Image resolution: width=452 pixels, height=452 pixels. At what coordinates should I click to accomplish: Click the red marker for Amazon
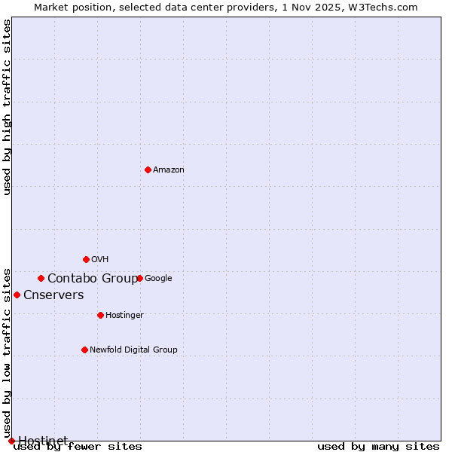click(x=148, y=169)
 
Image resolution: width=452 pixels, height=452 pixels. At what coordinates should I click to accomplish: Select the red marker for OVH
click(x=86, y=259)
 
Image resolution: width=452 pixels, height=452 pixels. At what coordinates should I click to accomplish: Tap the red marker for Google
click(x=139, y=278)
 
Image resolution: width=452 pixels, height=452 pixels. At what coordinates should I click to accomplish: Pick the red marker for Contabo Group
click(x=41, y=278)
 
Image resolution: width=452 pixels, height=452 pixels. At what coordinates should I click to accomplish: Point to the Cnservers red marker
click(x=17, y=295)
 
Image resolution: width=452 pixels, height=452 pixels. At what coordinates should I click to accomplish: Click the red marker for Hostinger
click(x=100, y=315)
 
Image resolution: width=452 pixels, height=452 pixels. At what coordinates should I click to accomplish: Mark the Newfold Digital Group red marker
click(x=84, y=350)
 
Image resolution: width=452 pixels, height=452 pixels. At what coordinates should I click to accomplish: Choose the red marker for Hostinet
click(x=11, y=441)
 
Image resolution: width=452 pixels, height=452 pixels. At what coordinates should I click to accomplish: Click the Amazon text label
click(x=169, y=170)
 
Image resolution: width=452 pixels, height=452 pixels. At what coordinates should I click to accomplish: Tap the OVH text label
click(x=100, y=260)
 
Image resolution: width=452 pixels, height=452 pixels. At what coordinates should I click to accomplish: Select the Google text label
click(x=158, y=279)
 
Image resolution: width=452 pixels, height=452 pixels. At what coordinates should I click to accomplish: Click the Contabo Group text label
click(x=93, y=279)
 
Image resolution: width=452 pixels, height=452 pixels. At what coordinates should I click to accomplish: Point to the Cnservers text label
click(x=53, y=295)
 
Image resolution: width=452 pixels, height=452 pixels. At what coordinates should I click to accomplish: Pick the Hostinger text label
click(x=124, y=316)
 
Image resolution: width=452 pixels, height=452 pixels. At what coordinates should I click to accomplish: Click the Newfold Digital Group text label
click(x=133, y=350)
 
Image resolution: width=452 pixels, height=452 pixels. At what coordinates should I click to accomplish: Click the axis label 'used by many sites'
click(x=378, y=447)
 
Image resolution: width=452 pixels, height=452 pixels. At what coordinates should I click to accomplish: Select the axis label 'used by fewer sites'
click(x=78, y=447)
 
